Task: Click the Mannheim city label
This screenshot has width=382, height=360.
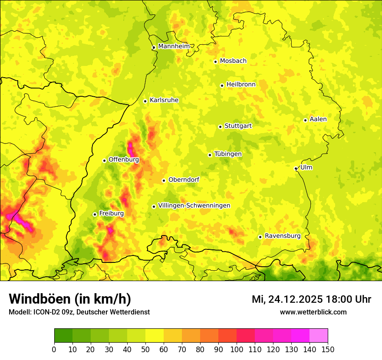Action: pyautogui.click(x=174, y=46)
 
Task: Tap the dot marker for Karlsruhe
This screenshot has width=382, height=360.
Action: pyautogui.click(x=145, y=101)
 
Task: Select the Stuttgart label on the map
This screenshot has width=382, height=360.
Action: pyautogui.click(x=238, y=126)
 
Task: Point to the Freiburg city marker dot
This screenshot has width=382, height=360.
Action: pyautogui.click(x=95, y=214)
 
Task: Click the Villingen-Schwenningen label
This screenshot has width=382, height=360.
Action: pyautogui.click(x=194, y=206)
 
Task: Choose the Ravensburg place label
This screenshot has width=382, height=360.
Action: pyautogui.click(x=282, y=236)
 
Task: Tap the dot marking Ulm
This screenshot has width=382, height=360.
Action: pyautogui.click(x=296, y=168)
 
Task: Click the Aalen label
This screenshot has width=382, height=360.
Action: pyautogui.click(x=318, y=119)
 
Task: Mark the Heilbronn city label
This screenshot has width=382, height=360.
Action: pyautogui.click(x=241, y=85)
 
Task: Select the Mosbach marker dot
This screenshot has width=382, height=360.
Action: pyautogui.click(x=215, y=62)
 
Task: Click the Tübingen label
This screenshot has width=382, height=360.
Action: pyautogui.click(x=227, y=154)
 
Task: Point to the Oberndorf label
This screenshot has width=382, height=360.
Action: pyautogui.click(x=184, y=180)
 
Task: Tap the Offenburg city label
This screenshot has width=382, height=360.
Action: pyautogui.click(x=124, y=160)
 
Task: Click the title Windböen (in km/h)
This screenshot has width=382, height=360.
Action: pyautogui.click(x=69, y=299)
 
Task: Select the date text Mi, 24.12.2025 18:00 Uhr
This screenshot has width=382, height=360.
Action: pyautogui.click(x=311, y=299)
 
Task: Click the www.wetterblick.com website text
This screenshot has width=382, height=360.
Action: pyautogui.click(x=313, y=312)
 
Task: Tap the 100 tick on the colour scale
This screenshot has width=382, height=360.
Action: pyautogui.click(x=237, y=349)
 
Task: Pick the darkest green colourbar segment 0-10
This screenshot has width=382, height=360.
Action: pyautogui.click(x=63, y=335)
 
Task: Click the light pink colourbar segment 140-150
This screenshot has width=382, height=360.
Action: pyautogui.click(x=319, y=335)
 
